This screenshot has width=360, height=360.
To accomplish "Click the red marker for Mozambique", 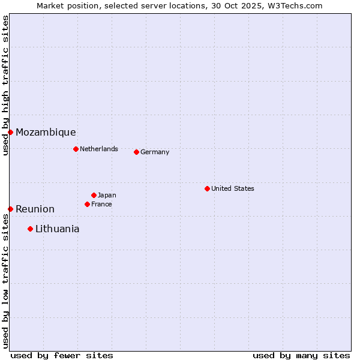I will click(10, 132).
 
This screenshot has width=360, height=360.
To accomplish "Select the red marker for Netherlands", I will click(76, 149).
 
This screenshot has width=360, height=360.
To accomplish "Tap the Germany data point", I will click(136, 152).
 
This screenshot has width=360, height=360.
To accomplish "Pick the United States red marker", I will click(207, 188).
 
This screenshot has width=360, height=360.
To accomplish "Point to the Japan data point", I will click(94, 195).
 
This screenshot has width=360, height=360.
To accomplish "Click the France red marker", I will click(87, 204).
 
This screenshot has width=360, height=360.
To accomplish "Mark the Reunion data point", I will click(10, 209).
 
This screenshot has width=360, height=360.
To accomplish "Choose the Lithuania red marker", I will click(30, 229).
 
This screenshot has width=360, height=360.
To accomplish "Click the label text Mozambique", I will click(46, 133).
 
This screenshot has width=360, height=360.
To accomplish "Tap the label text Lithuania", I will click(57, 229).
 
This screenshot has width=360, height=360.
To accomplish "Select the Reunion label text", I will click(35, 209).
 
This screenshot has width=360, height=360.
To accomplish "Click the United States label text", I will click(233, 188).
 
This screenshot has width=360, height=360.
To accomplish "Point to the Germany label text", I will click(155, 152).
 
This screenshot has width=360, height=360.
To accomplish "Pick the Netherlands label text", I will click(99, 149).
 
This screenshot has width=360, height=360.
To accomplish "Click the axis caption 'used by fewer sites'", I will click(62, 355).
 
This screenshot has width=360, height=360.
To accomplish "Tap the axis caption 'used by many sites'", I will click(301, 355).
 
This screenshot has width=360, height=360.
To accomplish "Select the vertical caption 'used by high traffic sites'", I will click(5, 85).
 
